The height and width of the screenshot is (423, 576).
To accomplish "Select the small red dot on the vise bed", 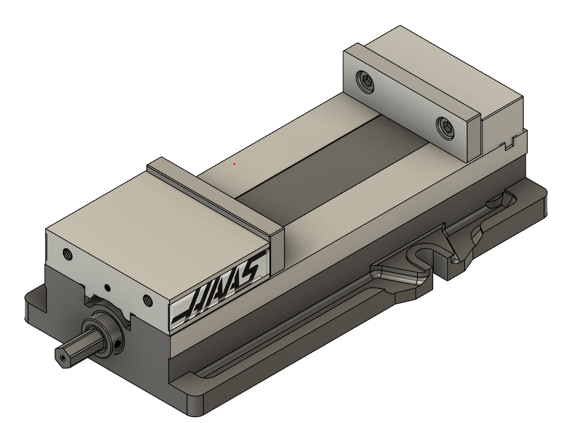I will (234, 164).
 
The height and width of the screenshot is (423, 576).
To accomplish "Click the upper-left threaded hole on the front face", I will (67, 253).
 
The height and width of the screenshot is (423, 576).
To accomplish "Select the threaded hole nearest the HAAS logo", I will (148, 300).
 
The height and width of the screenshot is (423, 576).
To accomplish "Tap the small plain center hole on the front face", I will (108, 287).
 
